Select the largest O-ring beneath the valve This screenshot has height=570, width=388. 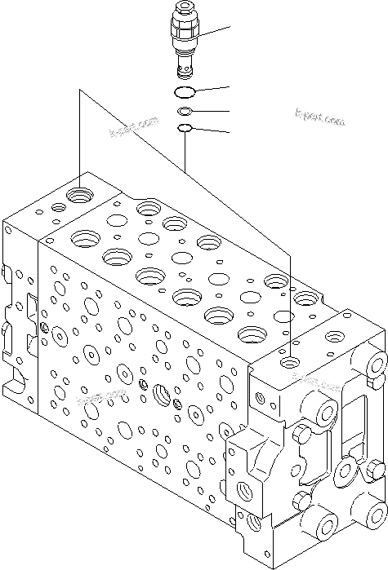coord(186,91)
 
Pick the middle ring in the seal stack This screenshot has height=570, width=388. coord(186,111)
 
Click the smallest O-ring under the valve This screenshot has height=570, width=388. coord(186,128)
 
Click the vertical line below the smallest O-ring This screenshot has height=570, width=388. coord(186,151)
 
